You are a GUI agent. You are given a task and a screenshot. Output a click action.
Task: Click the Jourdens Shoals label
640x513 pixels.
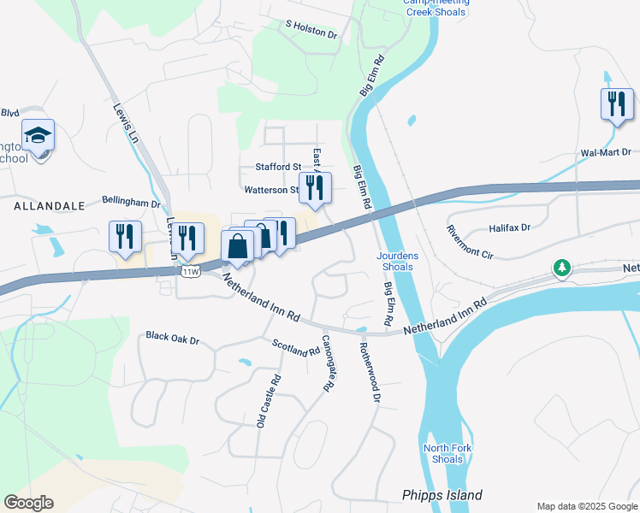[x=395, y=261]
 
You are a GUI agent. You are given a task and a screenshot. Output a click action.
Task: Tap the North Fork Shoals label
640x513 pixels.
[x=443, y=454]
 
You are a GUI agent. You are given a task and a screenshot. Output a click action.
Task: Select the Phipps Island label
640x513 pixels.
[x=442, y=495]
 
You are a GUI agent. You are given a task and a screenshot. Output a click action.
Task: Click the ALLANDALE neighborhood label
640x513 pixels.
[x=49, y=206]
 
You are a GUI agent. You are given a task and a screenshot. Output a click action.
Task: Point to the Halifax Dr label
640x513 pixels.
[x=510, y=227]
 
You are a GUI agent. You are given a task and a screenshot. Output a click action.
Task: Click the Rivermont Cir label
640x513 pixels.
[x=470, y=242]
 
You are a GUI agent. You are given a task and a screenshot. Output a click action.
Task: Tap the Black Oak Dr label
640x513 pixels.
[x=172, y=339]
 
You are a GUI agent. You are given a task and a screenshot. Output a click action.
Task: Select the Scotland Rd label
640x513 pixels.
[x=295, y=348]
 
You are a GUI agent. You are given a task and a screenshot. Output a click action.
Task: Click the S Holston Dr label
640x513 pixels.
[x=311, y=30]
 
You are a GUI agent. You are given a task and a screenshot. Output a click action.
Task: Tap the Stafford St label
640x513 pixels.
[x=279, y=167]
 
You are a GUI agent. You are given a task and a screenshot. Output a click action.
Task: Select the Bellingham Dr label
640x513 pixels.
[x=131, y=203]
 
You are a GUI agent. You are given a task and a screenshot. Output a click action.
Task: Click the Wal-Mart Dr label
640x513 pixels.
[x=606, y=153]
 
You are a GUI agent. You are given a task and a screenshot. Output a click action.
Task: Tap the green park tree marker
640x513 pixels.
[x=561, y=268]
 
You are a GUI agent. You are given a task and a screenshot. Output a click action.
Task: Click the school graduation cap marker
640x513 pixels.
[x=38, y=135]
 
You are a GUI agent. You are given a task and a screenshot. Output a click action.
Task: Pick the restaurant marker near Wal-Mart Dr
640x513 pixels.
[x=616, y=104]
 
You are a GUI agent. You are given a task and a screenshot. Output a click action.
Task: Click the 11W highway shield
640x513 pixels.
[x=190, y=271]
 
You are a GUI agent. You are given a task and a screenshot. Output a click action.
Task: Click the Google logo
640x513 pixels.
[x=28, y=503]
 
